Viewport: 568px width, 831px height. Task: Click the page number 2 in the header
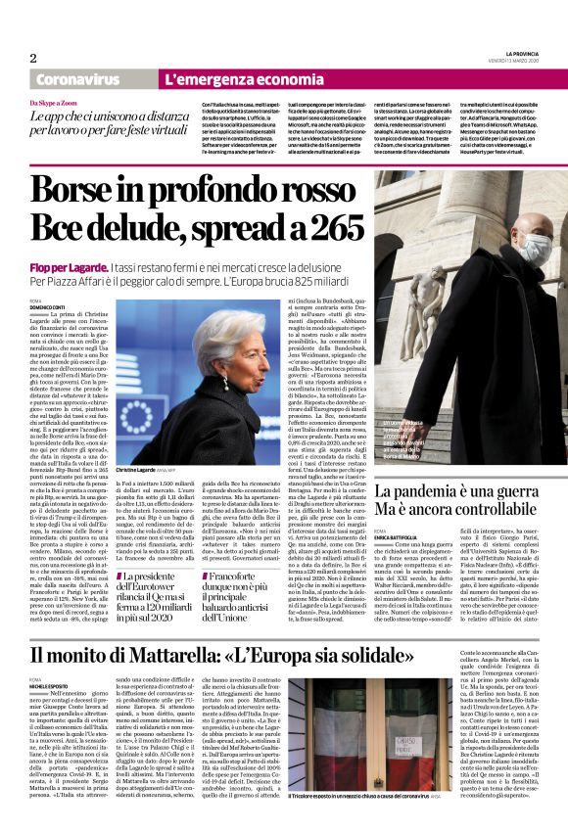click(33, 59)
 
